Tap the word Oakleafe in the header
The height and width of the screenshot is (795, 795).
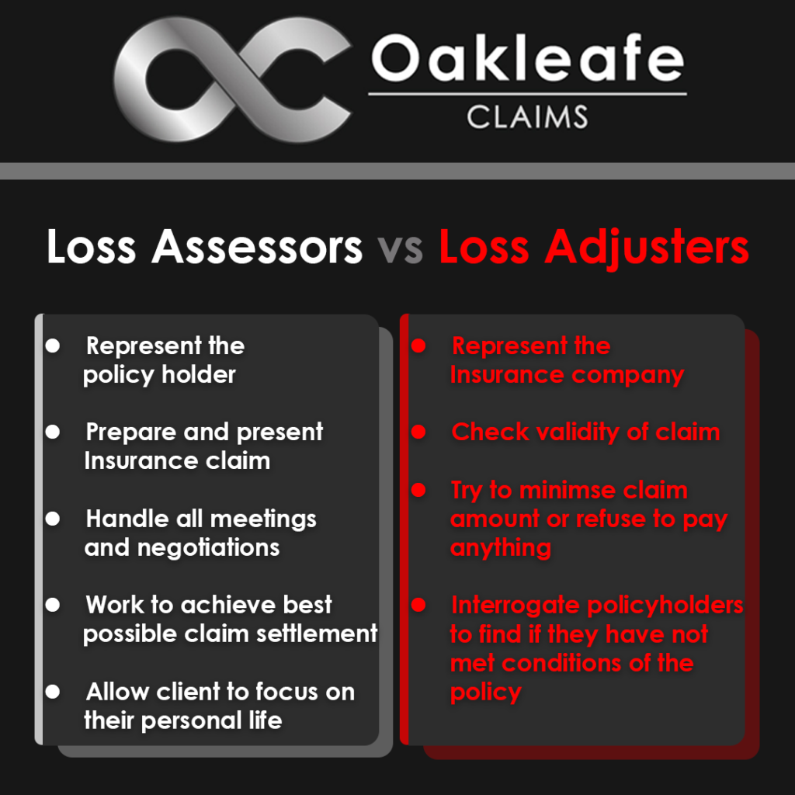click(x=528, y=57)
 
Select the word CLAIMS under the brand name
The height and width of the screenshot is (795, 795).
click(x=527, y=117)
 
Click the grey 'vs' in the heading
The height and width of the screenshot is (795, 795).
click(x=400, y=248)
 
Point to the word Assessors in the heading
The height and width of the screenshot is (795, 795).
click(x=257, y=246)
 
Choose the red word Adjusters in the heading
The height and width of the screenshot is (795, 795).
click(x=647, y=248)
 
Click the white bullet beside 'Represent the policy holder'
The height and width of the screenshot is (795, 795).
click(x=53, y=345)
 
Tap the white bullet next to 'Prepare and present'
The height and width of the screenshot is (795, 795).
click(x=53, y=432)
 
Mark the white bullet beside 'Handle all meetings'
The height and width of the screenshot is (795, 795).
click(x=53, y=519)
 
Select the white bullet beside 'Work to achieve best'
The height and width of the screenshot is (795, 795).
click(x=53, y=605)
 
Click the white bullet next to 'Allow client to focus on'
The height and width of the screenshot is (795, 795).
click(x=53, y=692)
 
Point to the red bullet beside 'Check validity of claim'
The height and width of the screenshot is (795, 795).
click(x=418, y=432)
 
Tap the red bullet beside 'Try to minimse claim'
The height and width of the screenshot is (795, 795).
click(x=418, y=490)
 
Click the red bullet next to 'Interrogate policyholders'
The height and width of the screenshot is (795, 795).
click(x=418, y=605)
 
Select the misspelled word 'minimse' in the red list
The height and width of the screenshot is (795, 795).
click(x=568, y=491)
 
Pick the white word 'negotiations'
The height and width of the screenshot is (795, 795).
click(x=208, y=547)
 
